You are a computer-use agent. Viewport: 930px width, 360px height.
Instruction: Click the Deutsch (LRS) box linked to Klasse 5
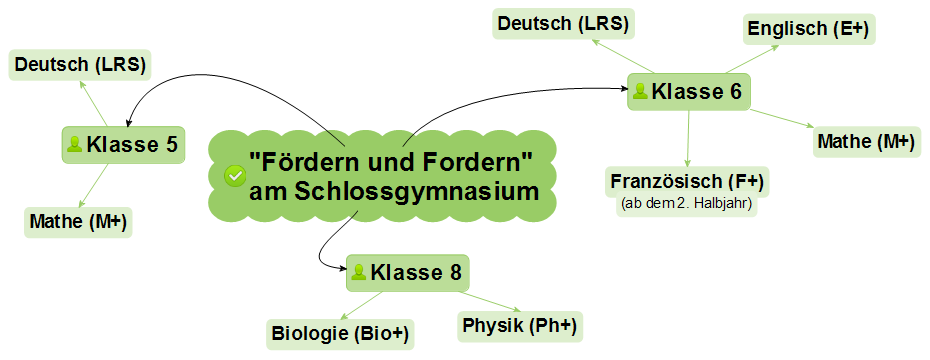[79, 66]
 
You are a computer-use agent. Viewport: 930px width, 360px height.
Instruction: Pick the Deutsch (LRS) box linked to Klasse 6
[564, 23]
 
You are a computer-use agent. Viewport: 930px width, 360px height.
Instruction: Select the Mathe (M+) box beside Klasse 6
[866, 142]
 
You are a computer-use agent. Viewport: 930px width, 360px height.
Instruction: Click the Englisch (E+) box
[809, 29]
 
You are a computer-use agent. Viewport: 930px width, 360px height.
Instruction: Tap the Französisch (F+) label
[689, 182]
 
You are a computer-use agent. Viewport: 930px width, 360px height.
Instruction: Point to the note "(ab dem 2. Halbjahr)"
[689, 208]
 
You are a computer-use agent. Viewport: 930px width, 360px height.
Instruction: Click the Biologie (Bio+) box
[341, 332]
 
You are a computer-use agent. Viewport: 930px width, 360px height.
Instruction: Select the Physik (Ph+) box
[520, 325]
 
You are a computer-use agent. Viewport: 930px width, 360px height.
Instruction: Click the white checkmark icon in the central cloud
[235, 176]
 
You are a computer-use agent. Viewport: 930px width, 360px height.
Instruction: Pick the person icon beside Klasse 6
[640, 92]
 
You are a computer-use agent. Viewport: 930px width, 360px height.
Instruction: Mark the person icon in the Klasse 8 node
[359, 272]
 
